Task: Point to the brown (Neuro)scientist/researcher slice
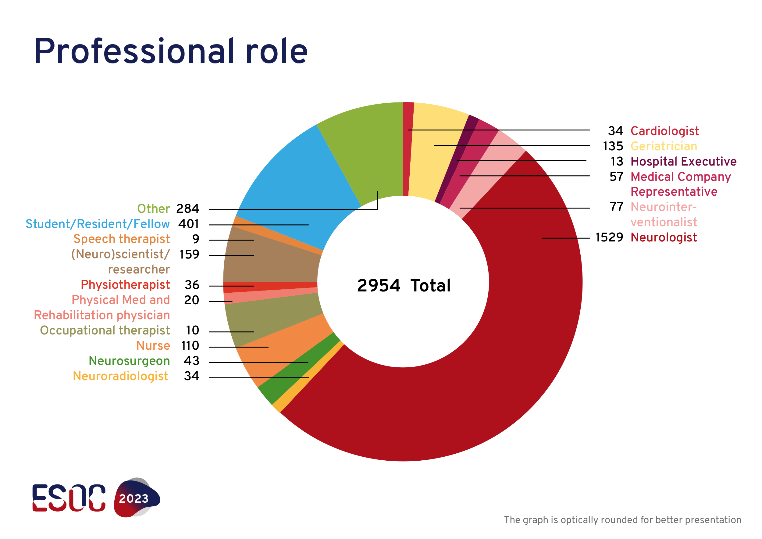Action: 272,259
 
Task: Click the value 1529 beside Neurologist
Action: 609,237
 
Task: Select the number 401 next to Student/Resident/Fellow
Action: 188,224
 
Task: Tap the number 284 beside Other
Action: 187,209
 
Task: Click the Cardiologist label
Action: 664,131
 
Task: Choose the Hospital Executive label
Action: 683,162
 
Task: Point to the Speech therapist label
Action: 122,239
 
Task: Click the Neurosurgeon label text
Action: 129,361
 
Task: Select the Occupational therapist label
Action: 105,330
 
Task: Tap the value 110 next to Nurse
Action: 190,346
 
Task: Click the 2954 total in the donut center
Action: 379,286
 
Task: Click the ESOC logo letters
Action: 69,498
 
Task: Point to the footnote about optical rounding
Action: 623,520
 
